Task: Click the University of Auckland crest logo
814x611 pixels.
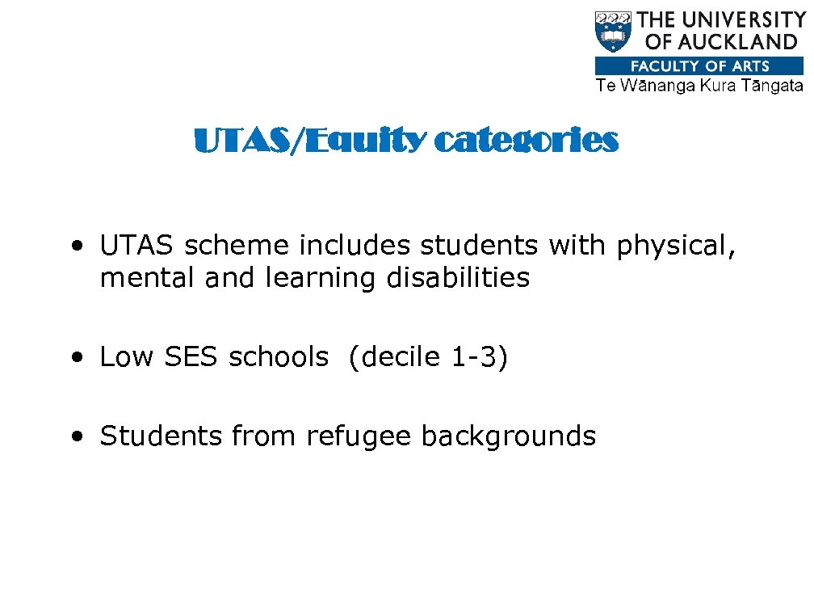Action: pyautogui.click(x=613, y=32)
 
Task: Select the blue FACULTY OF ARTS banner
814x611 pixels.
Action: pyautogui.click(x=699, y=66)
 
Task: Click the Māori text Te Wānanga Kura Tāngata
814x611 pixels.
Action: pyautogui.click(x=699, y=86)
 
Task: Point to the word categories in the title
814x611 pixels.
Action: pyautogui.click(x=527, y=141)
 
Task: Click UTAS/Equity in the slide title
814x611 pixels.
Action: pyautogui.click(x=310, y=142)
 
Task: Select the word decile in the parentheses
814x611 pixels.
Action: pyautogui.click(x=397, y=356)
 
